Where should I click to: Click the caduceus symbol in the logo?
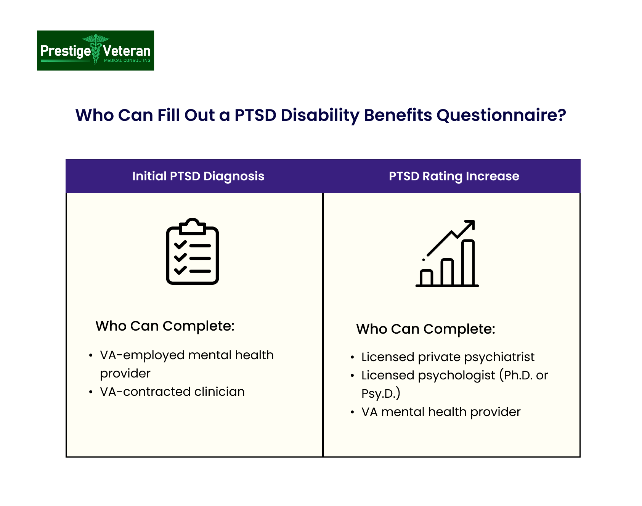point(96,50)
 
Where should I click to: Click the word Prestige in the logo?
point(65,51)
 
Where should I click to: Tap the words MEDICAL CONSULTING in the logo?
point(127,61)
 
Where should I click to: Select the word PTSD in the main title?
point(255,115)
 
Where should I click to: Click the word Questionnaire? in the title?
point(501,115)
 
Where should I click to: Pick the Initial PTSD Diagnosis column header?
point(198,176)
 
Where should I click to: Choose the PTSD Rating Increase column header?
point(454,176)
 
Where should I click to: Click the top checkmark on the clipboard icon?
point(180,245)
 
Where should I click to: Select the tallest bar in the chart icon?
point(468,263)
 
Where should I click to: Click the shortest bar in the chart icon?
point(426,278)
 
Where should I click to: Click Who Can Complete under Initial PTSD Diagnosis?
point(165,326)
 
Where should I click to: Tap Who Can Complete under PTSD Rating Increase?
point(425,329)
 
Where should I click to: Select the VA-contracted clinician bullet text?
point(172,392)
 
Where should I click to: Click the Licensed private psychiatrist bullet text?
point(448,357)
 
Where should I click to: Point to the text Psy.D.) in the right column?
point(380,393)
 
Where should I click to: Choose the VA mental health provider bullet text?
point(441,412)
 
